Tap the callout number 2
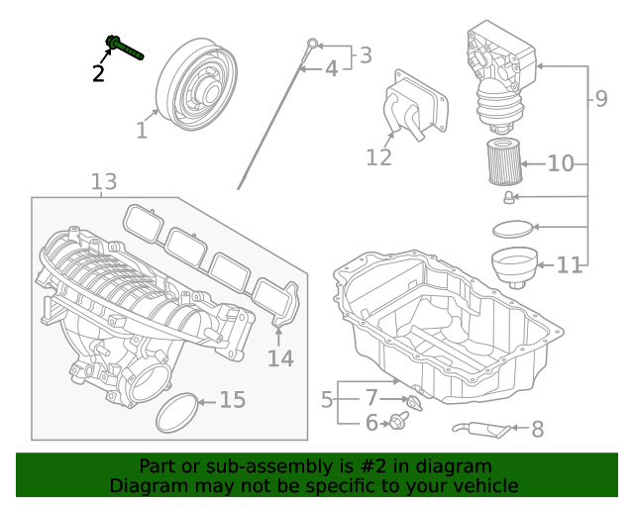(98, 72)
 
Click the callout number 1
(142, 130)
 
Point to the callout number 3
(366, 55)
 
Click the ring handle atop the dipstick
(312, 43)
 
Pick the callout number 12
(378, 157)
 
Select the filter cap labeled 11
(514, 265)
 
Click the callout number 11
(569, 265)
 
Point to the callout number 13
(104, 181)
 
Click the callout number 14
(280, 357)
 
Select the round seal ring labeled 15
(176, 412)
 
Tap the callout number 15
(232, 400)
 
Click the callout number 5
(327, 400)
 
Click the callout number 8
(538, 429)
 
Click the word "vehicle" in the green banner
(483, 485)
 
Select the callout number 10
(561, 162)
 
